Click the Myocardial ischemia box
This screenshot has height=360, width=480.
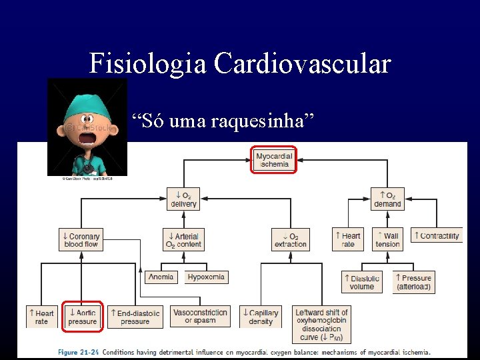click(x=273, y=160)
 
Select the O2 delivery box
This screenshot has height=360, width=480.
click(x=183, y=199)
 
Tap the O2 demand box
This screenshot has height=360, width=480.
click(x=387, y=199)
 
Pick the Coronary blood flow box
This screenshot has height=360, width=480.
click(x=82, y=240)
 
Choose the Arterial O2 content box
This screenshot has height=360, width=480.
click(x=183, y=240)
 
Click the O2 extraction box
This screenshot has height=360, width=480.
click(x=291, y=240)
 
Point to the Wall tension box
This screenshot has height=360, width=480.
click(x=387, y=240)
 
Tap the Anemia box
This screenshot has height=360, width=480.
click(x=161, y=277)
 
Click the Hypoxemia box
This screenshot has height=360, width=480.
click(x=206, y=277)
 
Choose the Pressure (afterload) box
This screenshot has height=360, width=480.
click(x=413, y=282)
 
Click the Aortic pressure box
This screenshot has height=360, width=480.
click(x=83, y=317)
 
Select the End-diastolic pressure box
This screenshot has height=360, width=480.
click(x=135, y=317)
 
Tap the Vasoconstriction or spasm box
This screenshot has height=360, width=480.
click(x=201, y=316)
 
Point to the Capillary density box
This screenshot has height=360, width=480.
click(x=261, y=317)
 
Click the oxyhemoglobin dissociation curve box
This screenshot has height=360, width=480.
click(x=323, y=325)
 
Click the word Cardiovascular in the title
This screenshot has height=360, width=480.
click(x=302, y=64)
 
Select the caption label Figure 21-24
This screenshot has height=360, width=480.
click(x=78, y=352)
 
